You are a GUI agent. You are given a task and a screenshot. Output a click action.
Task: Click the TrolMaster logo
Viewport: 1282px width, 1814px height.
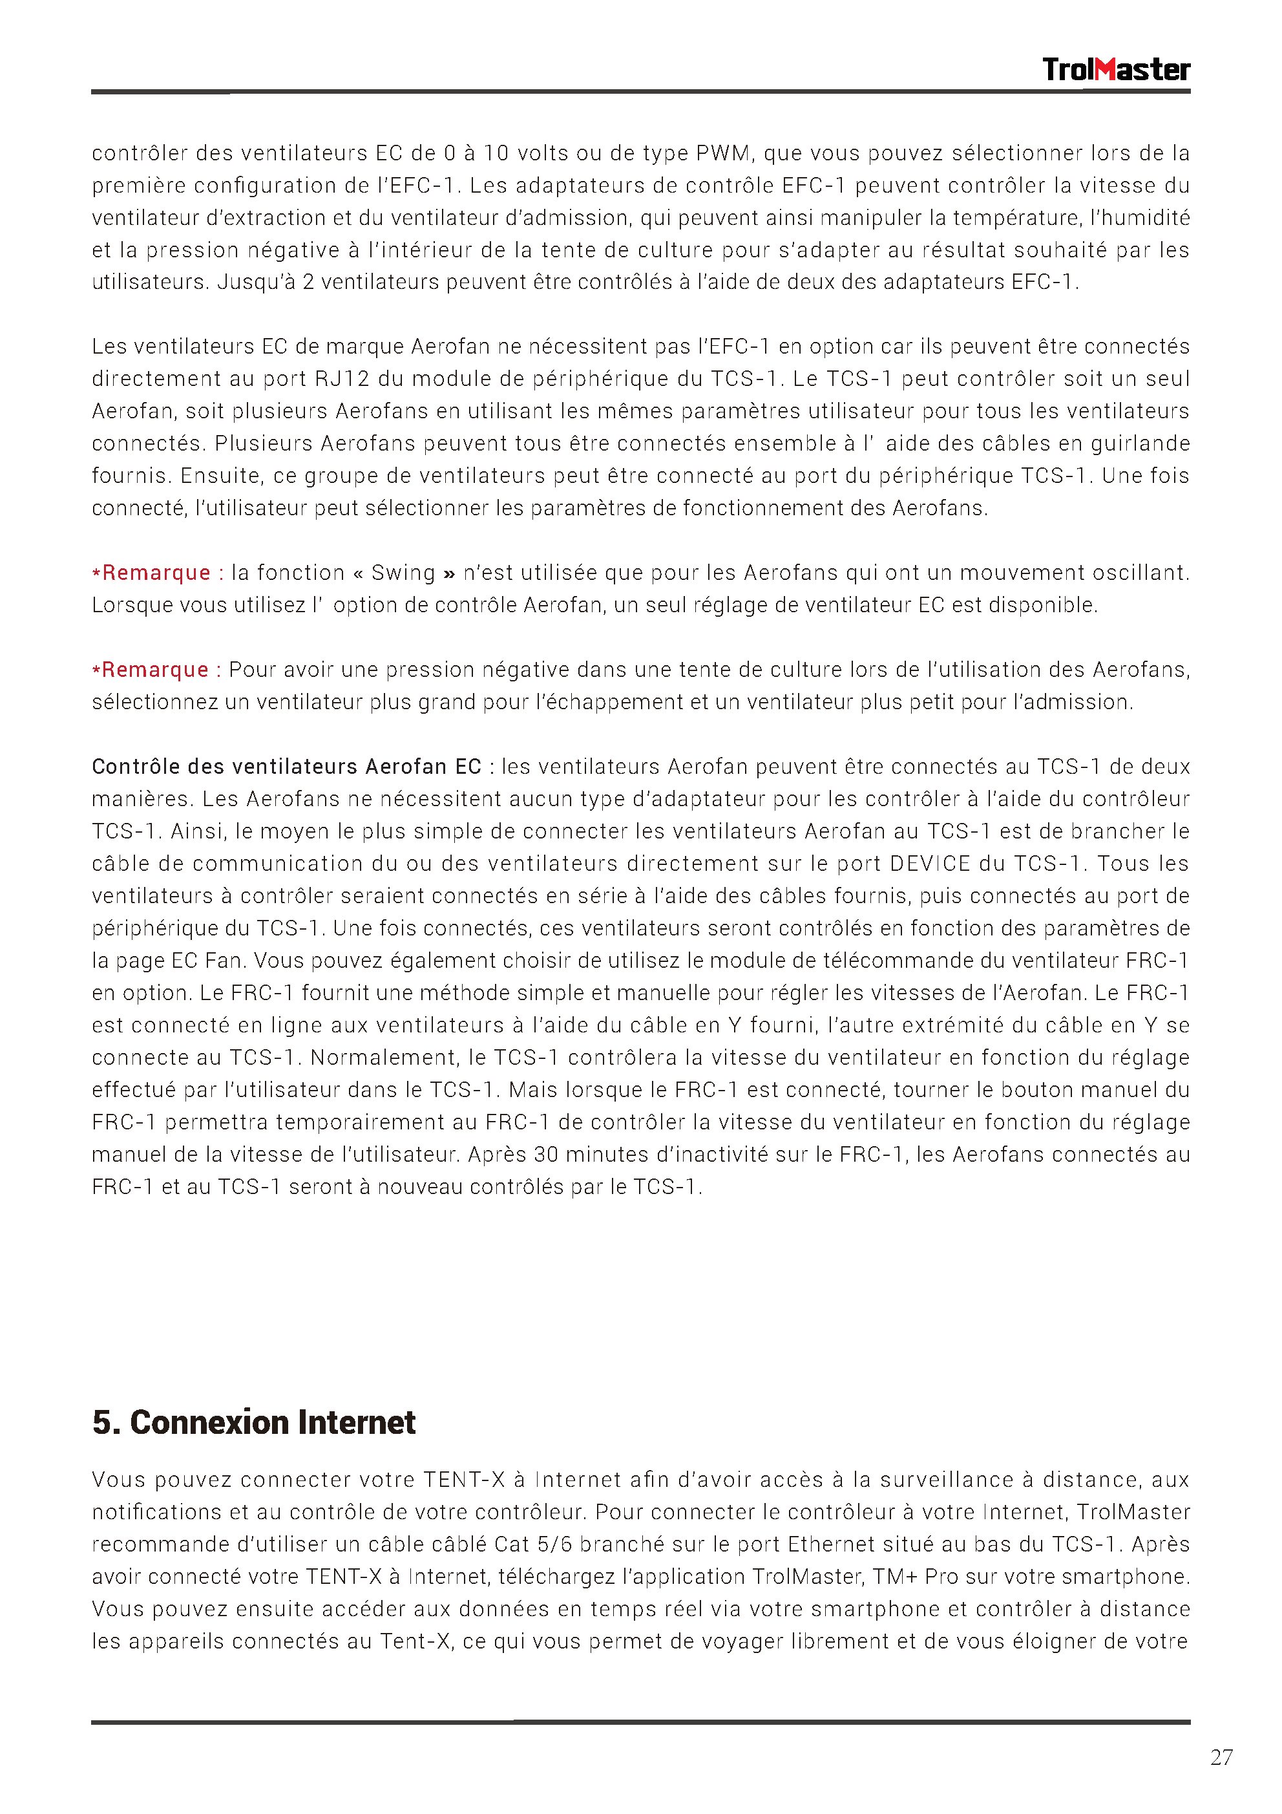point(1115,70)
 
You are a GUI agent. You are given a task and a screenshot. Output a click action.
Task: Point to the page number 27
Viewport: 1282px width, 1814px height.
point(1221,1757)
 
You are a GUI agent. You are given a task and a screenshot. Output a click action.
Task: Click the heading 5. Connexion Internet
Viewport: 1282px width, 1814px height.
point(253,1422)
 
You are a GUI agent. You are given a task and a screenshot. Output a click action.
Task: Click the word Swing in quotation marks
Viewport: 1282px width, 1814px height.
point(403,572)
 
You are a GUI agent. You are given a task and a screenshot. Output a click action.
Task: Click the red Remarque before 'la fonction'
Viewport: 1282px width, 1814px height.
point(156,572)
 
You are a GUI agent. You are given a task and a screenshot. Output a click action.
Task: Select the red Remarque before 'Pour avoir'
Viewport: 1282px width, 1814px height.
point(155,669)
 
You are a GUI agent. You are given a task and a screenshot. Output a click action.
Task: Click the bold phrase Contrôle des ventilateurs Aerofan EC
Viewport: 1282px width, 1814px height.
point(286,766)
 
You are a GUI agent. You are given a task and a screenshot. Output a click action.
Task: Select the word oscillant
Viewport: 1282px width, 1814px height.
point(1137,572)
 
